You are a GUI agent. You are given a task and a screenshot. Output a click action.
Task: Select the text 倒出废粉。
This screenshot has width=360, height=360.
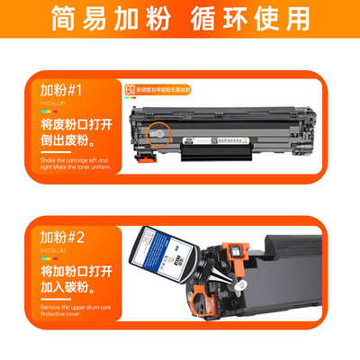click(67, 139)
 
